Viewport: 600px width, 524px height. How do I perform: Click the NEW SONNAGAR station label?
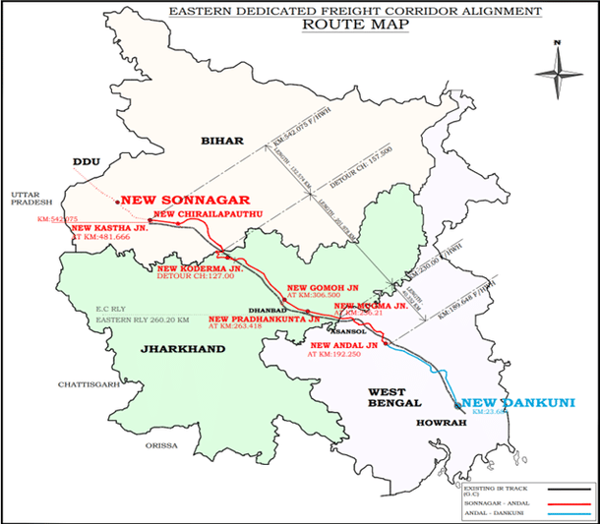point(184,197)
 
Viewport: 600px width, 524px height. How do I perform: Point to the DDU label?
point(87,160)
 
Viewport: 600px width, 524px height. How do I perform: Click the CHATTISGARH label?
point(87,385)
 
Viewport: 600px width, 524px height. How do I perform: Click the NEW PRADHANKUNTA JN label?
point(264,319)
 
